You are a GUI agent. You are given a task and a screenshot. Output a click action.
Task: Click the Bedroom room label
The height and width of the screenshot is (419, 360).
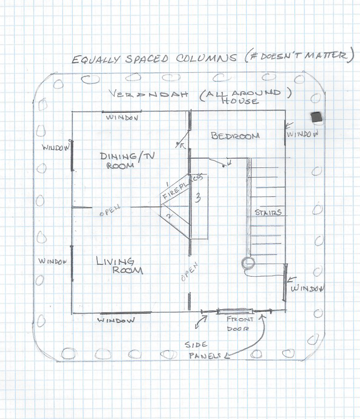[235, 136]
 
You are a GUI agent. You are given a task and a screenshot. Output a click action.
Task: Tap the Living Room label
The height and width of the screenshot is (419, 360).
[120, 265]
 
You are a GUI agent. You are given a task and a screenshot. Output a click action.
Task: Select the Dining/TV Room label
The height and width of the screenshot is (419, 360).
[127, 161]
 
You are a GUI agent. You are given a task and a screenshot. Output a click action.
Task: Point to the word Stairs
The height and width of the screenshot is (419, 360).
[268, 212]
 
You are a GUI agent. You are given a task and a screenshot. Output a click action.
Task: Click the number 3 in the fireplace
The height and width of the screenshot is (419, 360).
[198, 198]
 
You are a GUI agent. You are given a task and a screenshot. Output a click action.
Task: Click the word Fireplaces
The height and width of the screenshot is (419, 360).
[183, 186]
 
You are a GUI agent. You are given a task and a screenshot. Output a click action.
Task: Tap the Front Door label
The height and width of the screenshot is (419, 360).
[240, 323]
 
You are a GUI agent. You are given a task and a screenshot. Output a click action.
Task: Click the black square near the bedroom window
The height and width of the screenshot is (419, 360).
[317, 118]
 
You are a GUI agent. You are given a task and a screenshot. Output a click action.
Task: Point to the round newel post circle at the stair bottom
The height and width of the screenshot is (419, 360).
[248, 263]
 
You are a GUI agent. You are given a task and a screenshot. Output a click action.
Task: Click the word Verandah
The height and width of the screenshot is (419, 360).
[149, 94]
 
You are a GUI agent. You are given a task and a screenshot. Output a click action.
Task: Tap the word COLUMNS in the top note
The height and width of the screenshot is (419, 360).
[206, 58]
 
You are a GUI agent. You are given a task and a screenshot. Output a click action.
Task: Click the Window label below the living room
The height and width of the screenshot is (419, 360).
[116, 320]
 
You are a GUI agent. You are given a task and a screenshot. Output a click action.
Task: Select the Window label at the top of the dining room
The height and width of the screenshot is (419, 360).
[122, 117]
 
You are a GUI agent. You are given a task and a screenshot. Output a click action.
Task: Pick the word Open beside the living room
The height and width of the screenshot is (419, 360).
[190, 272]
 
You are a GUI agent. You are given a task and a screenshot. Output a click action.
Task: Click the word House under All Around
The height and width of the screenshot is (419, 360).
[240, 101]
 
